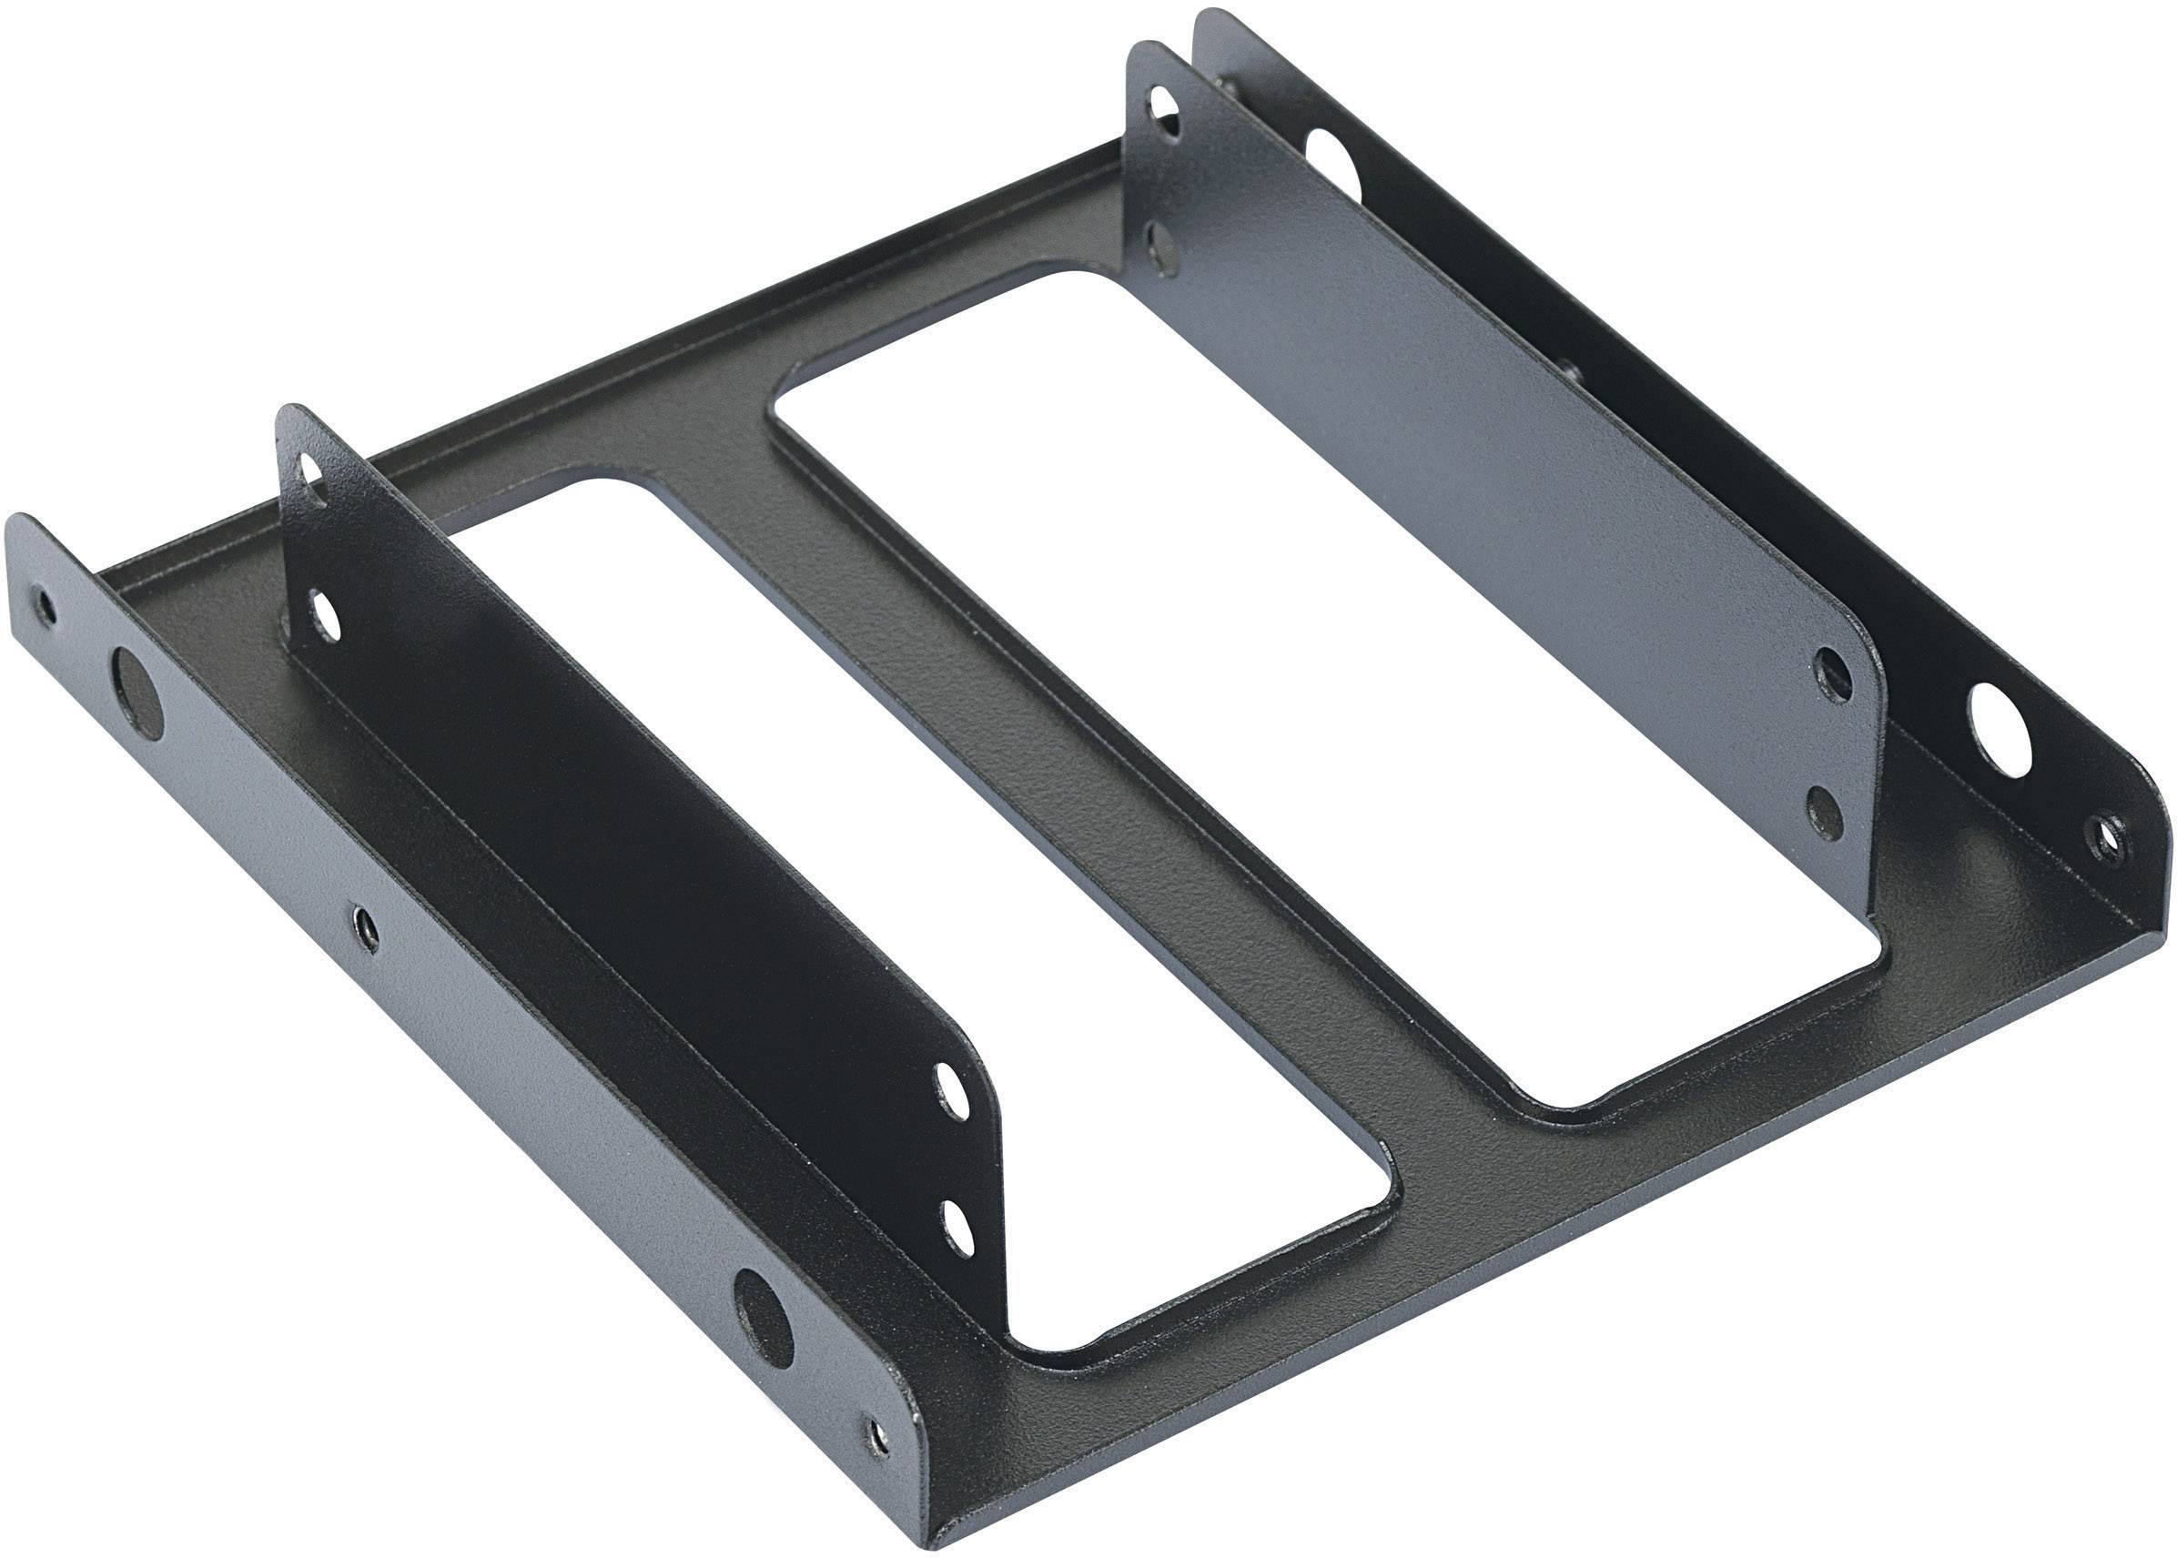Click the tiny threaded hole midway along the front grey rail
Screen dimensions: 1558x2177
[362, 925]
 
